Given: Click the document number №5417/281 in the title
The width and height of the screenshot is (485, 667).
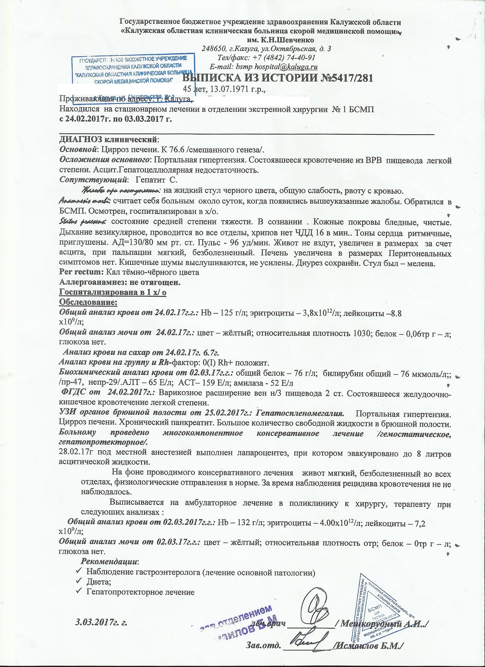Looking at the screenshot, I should tap(344, 78).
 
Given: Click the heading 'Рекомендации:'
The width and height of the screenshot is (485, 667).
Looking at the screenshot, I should tap(110, 561).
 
